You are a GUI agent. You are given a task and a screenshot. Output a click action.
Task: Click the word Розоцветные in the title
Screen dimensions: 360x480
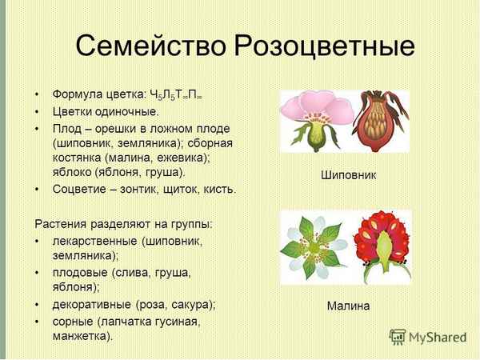(324, 47)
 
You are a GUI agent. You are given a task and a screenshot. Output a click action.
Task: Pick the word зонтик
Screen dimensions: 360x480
(150, 190)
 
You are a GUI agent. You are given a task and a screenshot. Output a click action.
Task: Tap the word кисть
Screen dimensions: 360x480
(220, 190)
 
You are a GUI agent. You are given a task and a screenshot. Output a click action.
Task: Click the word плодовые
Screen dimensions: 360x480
(79, 272)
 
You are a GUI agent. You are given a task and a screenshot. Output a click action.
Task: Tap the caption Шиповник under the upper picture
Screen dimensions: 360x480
(348, 175)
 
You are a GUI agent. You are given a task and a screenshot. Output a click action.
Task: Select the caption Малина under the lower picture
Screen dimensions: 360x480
(348, 306)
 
